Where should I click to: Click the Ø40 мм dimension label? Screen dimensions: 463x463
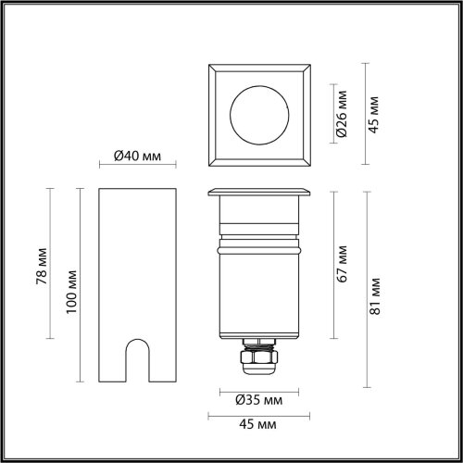[137, 156]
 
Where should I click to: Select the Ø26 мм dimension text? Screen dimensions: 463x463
[342, 114]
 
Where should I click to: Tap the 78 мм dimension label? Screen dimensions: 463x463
[42, 266]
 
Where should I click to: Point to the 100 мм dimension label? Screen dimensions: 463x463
[71, 292]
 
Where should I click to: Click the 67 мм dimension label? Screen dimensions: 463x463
[342, 264]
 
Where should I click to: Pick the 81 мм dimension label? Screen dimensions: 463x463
[375, 296]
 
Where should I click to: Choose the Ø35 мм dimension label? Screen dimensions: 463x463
[258, 400]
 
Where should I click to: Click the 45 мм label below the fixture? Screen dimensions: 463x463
[257, 424]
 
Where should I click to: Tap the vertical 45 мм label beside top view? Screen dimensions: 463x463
[373, 115]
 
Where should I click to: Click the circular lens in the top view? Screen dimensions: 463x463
[259, 115]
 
